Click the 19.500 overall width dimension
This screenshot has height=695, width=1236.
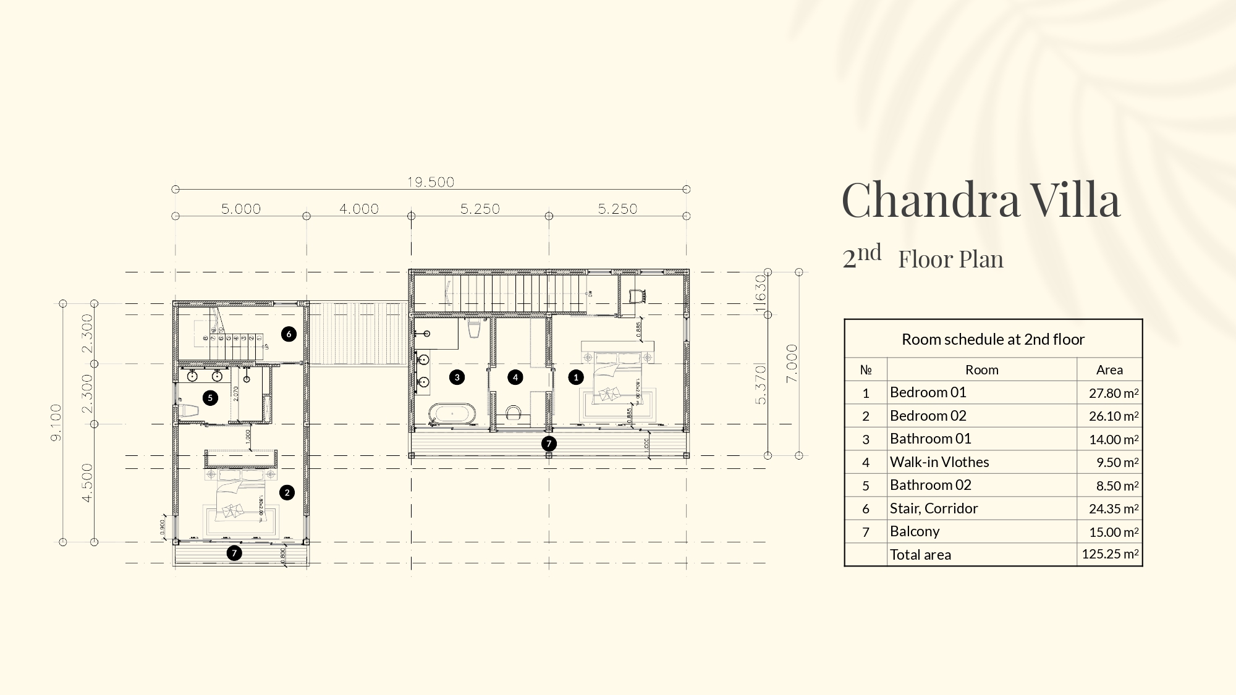click(431, 182)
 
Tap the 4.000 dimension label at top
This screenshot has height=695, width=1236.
click(359, 209)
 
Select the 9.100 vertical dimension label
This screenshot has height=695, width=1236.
click(56, 423)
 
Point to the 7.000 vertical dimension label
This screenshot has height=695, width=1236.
click(792, 363)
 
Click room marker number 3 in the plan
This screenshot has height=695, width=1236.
click(457, 377)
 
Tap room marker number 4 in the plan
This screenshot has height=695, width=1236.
click(515, 377)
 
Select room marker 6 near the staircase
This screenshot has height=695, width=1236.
click(289, 334)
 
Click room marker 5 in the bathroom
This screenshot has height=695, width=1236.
click(210, 398)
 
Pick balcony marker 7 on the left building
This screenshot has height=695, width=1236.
click(234, 553)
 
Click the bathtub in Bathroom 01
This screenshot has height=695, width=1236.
click(453, 414)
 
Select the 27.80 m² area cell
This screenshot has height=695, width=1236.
click(1113, 393)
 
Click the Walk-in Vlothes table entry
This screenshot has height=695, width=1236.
click(939, 462)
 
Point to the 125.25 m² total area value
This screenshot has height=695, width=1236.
click(1110, 554)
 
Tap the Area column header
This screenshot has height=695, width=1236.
click(1109, 369)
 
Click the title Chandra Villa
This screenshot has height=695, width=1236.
click(981, 200)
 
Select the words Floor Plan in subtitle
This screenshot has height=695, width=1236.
click(950, 259)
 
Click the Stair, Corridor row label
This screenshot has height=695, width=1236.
click(934, 508)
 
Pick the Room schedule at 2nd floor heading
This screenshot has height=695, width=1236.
click(993, 339)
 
